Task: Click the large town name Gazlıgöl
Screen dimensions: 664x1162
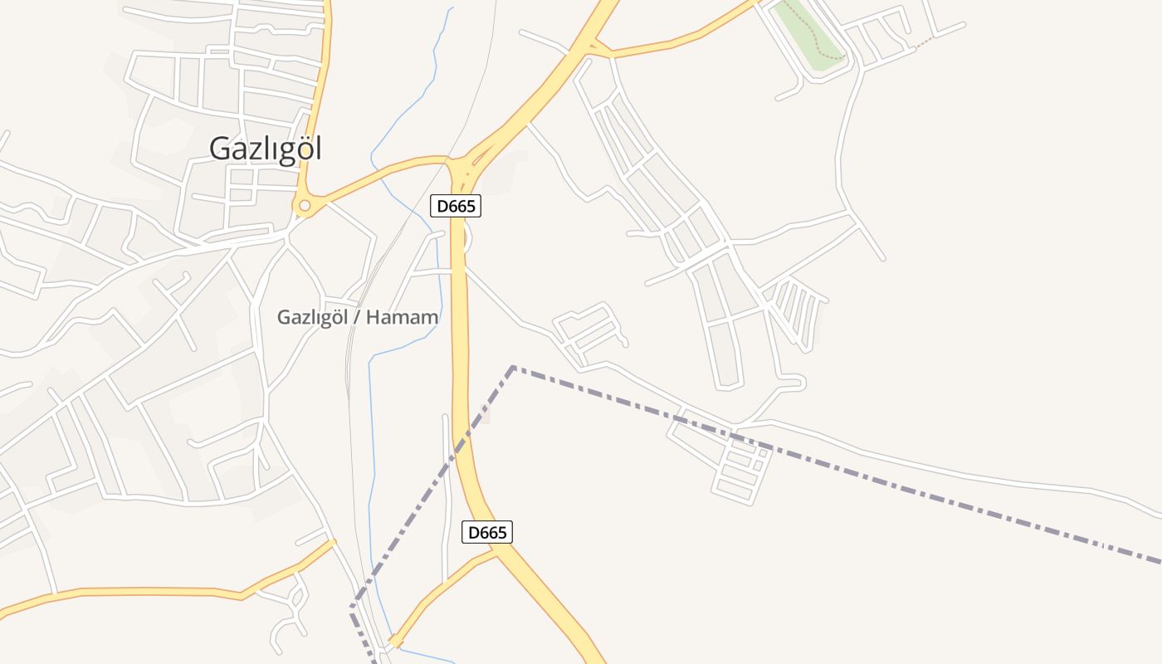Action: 265,149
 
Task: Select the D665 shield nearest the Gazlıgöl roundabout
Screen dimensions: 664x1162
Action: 456,206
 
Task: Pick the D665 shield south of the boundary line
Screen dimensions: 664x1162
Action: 487,532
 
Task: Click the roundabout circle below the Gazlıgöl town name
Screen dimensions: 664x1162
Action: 305,205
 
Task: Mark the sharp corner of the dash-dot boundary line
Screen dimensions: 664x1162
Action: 513,367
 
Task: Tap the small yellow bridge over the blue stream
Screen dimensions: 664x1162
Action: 396,641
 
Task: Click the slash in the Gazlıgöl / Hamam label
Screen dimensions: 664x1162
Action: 358,317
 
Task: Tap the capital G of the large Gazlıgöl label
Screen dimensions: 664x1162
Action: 219,149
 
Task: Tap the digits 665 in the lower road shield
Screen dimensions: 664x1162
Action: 493,532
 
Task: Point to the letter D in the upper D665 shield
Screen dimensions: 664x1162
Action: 442,206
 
